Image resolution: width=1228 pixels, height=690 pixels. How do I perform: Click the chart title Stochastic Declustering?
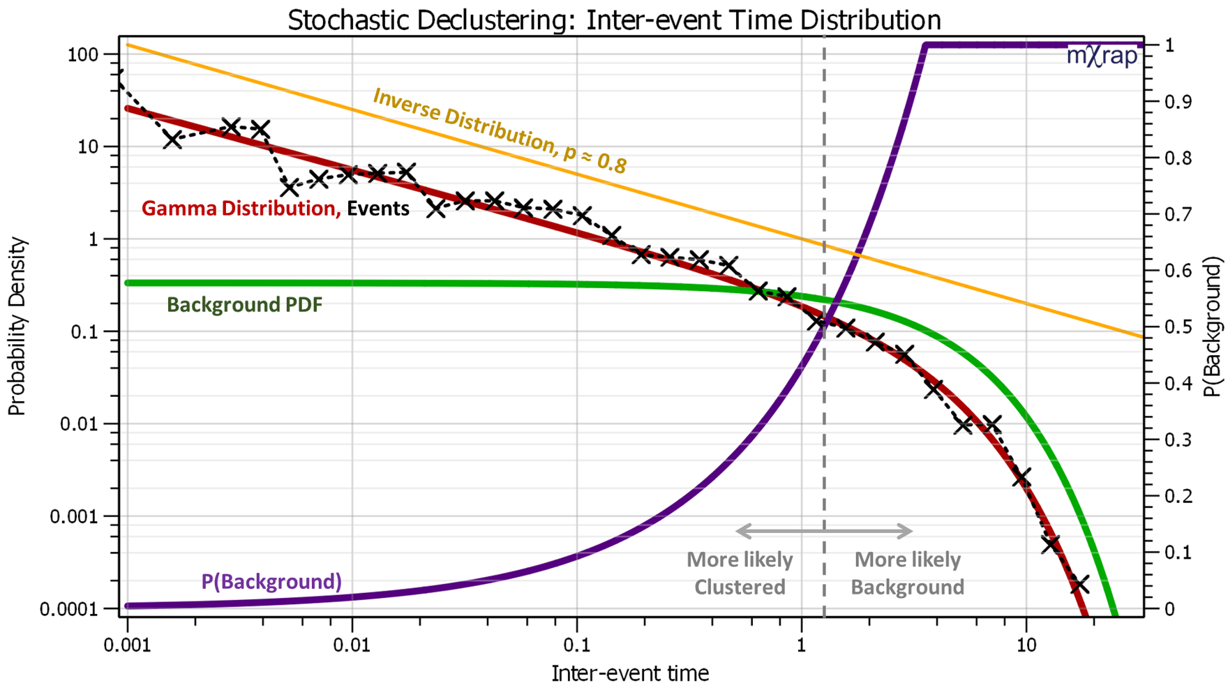[614, 20]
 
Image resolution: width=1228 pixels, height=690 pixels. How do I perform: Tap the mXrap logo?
[1102, 56]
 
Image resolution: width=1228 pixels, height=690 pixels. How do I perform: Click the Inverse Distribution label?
[500, 130]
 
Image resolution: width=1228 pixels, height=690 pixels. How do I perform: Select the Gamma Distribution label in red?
[241, 209]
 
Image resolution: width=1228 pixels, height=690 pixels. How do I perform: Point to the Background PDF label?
[245, 305]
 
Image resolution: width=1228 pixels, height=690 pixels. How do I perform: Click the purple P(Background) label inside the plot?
[271, 581]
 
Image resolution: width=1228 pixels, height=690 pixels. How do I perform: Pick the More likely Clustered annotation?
[740, 573]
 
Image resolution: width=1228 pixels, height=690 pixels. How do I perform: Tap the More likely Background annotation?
[908, 573]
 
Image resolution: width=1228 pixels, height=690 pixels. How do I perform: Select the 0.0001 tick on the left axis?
[69, 610]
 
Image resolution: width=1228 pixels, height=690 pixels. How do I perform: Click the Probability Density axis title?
[17, 327]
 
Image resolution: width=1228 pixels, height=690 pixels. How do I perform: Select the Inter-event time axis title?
[630, 673]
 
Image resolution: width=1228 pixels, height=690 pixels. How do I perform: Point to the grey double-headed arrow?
[824, 532]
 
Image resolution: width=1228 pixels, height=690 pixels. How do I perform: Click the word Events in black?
[378, 209]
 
